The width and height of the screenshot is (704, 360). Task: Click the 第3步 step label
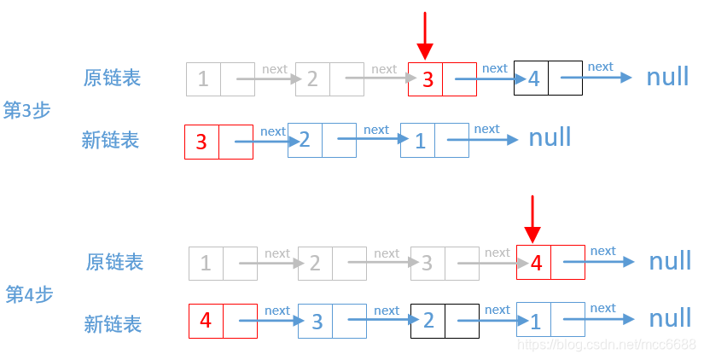[x=27, y=110]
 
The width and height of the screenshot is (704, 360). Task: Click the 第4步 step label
[x=30, y=294]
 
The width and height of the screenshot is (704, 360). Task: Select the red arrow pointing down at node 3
[x=425, y=36]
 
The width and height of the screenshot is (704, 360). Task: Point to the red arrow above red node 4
[x=532, y=219]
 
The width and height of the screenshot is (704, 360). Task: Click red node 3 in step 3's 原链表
[x=442, y=79]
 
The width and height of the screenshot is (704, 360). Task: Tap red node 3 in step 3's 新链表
[x=218, y=142]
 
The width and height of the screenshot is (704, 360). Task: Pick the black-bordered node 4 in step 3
[x=548, y=78]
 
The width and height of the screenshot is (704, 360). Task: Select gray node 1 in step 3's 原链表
[x=220, y=79]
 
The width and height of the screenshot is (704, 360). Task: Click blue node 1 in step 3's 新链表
[x=434, y=141]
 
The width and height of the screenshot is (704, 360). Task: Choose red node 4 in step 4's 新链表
[x=223, y=321]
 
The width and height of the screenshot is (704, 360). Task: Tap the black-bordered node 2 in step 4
[x=445, y=321]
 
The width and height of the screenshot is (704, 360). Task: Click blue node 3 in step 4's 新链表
[x=332, y=322]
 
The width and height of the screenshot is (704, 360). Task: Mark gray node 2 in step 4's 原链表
[x=332, y=264]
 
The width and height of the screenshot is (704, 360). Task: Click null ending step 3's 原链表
[x=667, y=77]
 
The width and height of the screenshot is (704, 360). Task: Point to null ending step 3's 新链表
[x=550, y=137]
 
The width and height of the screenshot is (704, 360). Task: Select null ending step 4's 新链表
[x=670, y=318]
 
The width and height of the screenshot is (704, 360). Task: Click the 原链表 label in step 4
[x=114, y=262]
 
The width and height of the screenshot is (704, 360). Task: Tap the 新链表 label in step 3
[x=110, y=140]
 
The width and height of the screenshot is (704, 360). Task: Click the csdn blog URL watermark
[x=608, y=344]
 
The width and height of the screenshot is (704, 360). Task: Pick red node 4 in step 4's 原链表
[x=550, y=263]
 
